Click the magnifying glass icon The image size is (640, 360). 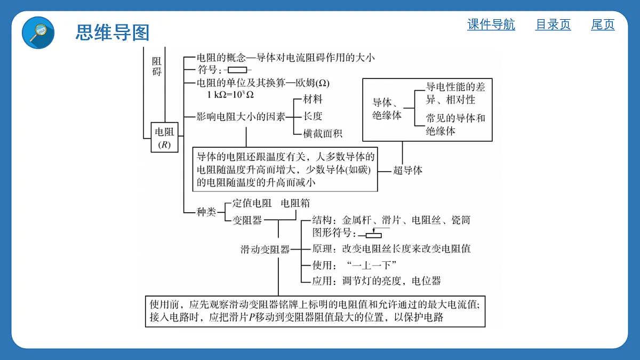(x=38, y=33)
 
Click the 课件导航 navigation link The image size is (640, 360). (x=491, y=25)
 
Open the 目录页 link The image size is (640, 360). (x=553, y=25)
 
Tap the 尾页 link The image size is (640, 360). (x=603, y=25)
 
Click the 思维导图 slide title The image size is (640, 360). (x=113, y=33)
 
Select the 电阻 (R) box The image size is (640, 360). (x=165, y=138)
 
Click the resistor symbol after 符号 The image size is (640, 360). (x=237, y=70)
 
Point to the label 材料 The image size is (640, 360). (x=313, y=99)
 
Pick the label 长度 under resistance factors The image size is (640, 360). (x=313, y=116)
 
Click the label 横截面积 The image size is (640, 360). (x=323, y=133)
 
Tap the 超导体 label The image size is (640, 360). (x=407, y=170)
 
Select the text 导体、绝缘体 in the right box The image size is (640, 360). (x=387, y=109)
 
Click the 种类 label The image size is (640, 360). (x=206, y=212)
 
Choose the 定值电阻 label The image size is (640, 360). (x=252, y=203)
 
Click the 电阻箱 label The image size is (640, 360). (x=295, y=203)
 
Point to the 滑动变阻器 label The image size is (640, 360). (x=265, y=250)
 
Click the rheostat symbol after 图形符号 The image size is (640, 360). (x=374, y=233)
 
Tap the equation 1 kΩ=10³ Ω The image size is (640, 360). (x=230, y=94)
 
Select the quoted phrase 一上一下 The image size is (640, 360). (x=371, y=266)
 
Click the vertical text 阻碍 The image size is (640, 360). (x=157, y=66)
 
